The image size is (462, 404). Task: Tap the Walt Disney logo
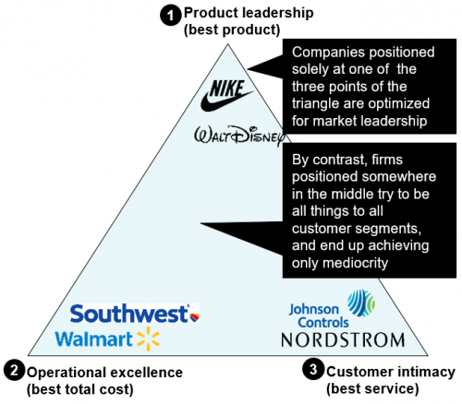(x=239, y=136)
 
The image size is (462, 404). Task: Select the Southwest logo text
(x=129, y=314)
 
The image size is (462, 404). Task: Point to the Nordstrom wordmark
(x=343, y=340)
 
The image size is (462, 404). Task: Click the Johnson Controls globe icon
(x=361, y=303)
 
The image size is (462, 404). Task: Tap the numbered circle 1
(x=170, y=16)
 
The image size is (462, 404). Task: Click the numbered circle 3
(x=312, y=369)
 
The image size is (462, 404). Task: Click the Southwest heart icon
(x=194, y=316)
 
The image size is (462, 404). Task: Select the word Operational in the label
(x=67, y=373)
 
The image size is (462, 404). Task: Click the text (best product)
(x=232, y=30)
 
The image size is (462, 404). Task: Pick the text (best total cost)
(x=80, y=389)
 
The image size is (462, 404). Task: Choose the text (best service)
(x=372, y=388)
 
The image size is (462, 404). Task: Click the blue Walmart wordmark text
(x=93, y=339)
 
